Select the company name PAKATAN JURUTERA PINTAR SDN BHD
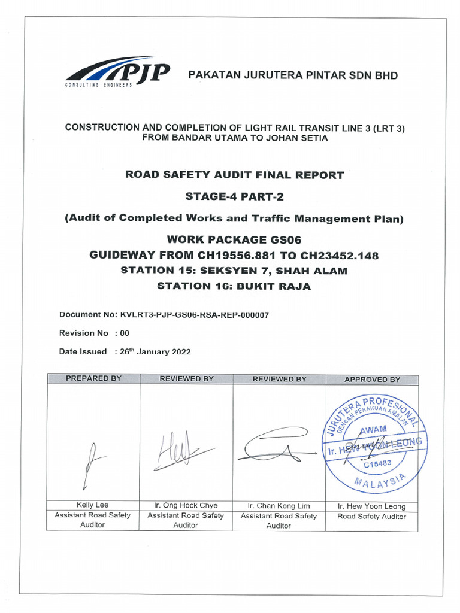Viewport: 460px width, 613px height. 293,75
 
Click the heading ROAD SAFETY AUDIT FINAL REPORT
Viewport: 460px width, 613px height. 234,175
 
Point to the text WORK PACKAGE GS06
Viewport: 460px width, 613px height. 234,240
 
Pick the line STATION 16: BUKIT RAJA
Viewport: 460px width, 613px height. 234,286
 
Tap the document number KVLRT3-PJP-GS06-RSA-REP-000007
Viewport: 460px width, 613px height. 194,315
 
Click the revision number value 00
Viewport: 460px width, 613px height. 125,333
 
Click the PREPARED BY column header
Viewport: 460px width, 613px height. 93,379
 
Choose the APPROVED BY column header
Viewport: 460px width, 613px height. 372,379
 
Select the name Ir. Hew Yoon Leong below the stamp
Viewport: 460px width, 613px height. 371,506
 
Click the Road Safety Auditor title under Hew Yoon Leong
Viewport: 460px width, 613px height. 371,516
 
